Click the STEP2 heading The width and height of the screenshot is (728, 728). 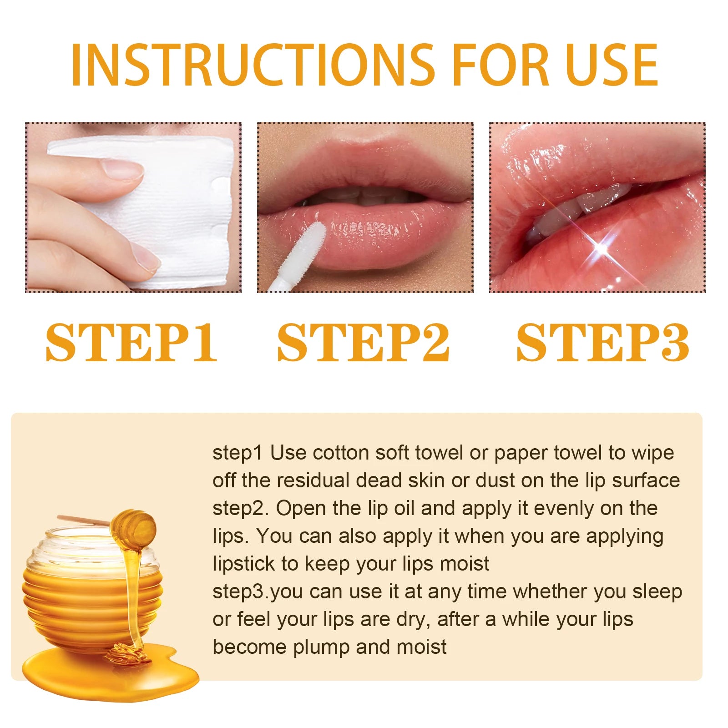[x=363, y=342]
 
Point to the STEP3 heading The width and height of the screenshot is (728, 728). [x=602, y=342]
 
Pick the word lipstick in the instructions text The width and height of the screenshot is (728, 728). [x=244, y=564]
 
